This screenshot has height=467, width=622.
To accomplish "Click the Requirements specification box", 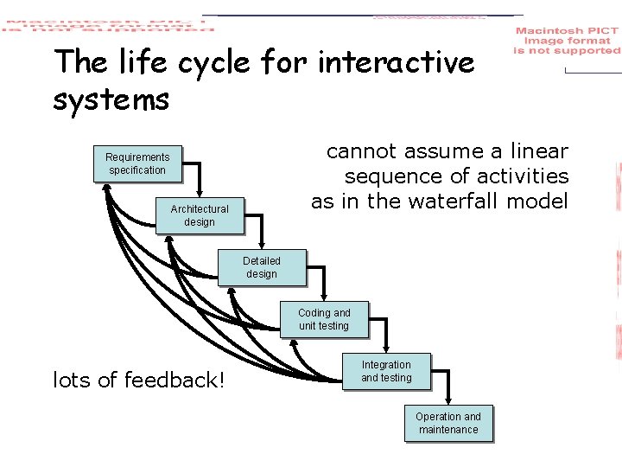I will tap(137, 163).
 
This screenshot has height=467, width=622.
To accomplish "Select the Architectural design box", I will tap(200, 215).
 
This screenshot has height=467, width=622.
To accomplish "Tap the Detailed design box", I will tap(261, 267).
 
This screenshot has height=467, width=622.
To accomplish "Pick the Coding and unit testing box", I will tap(324, 319).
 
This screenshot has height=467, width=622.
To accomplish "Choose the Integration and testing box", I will tap(386, 371).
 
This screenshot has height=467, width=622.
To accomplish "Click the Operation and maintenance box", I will tap(448, 423).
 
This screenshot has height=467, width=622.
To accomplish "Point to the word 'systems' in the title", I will tap(111, 100).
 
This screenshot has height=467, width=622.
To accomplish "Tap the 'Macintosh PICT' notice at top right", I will tap(567, 41).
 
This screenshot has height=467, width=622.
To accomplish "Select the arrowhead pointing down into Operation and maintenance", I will tap(449, 403).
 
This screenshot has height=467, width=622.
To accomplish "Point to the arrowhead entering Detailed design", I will tap(263, 247).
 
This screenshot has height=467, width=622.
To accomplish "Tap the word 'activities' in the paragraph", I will tap(524, 177).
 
